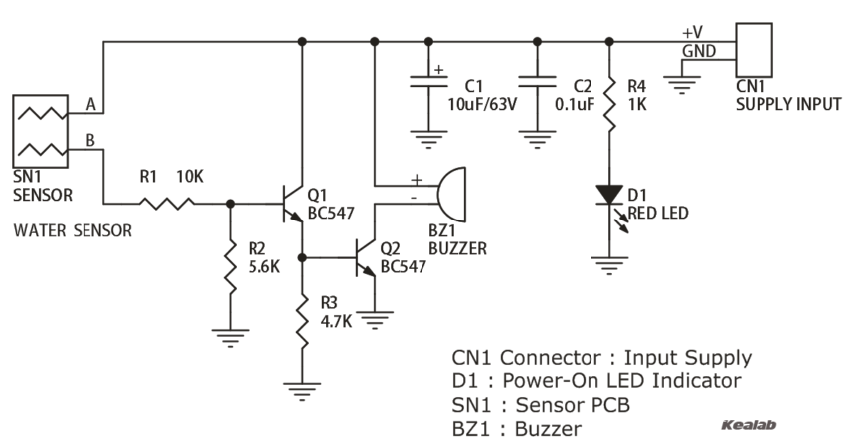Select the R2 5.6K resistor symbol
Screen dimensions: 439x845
(231, 266)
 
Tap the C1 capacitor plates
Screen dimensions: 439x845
(429, 86)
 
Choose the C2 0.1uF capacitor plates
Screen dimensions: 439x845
(537, 86)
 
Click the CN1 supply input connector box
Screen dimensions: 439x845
(754, 52)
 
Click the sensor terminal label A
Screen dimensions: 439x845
(91, 103)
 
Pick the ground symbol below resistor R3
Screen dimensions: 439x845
(302, 388)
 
